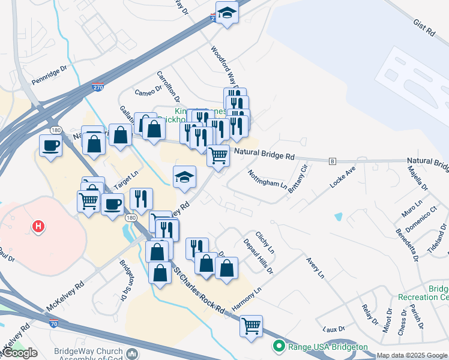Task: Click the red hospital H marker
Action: coord(38,226)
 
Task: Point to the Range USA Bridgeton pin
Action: coord(279,347)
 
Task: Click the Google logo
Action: coord(20,353)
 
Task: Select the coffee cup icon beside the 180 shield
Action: coord(50,145)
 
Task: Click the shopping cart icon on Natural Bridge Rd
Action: coord(218,155)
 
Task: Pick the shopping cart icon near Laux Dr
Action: coord(251,326)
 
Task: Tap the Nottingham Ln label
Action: coord(267,178)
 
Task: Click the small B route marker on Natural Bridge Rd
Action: coord(332,161)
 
